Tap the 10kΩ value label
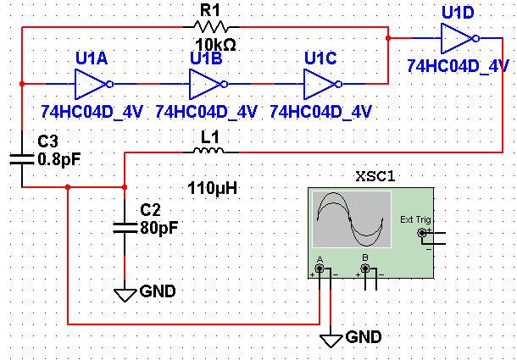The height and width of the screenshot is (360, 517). (x=214, y=44)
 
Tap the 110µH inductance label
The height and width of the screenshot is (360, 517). (x=209, y=187)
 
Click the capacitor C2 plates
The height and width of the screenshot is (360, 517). (x=125, y=224)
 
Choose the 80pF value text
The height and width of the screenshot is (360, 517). (x=159, y=227)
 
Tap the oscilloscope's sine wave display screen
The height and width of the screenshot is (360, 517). (x=351, y=217)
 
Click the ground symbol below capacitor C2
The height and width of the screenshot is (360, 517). (x=125, y=294)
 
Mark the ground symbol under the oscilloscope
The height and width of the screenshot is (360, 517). (x=331, y=341)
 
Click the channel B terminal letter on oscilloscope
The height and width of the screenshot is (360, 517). (x=364, y=258)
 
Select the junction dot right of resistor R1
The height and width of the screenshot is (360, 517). (x=387, y=38)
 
